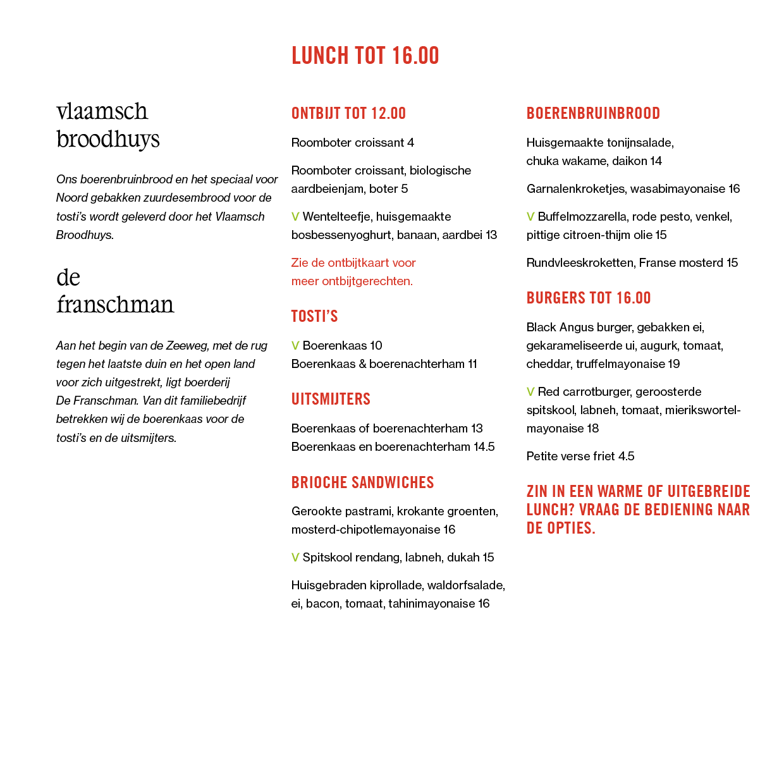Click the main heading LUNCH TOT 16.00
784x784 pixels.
coord(365,56)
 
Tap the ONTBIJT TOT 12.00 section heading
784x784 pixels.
coord(348,113)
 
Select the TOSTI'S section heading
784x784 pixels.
coord(314,316)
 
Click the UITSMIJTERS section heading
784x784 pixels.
coord(331,399)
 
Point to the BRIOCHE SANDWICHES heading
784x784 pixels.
coord(362,482)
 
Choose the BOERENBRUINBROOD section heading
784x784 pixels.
coord(593,113)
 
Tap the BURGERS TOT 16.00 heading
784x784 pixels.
coord(588,298)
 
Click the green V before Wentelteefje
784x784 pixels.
coord(295,216)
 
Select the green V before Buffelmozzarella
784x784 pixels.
coord(530,216)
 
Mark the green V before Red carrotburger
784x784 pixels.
coord(530,392)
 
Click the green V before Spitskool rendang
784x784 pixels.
coord(295,558)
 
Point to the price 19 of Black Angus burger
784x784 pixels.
coord(674,364)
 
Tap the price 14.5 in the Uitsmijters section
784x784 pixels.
coord(484,447)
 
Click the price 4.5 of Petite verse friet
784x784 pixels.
coord(626,456)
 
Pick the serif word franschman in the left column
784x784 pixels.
coord(115,304)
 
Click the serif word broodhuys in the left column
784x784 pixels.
coord(108,140)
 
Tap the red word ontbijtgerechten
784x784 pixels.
coord(367,281)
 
